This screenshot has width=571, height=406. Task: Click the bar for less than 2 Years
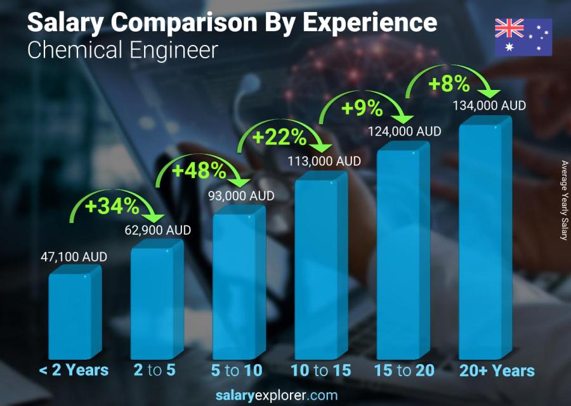click(x=70, y=315)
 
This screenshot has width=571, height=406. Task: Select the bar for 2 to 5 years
click(x=152, y=302)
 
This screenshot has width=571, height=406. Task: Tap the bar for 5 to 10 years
click(x=234, y=285)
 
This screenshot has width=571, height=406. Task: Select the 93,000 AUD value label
click(x=241, y=196)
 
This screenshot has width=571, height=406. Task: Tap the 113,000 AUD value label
click(x=324, y=162)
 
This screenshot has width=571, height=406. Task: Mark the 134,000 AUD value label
click(x=489, y=106)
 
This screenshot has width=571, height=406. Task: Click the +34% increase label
click(x=113, y=206)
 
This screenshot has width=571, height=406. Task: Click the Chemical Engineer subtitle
click(x=122, y=50)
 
